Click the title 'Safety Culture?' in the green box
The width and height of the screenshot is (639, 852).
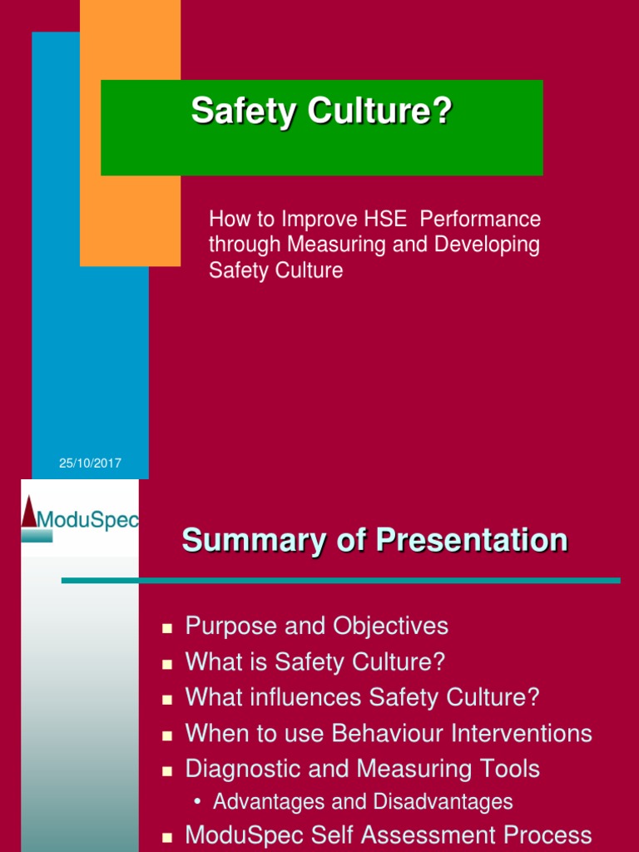pos(321,111)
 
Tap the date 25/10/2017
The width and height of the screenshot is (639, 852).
pos(90,463)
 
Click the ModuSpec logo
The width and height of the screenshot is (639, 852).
pos(80,518)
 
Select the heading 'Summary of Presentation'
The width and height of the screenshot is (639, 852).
pos(374,541)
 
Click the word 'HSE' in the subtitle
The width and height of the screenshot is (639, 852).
pos(385,220)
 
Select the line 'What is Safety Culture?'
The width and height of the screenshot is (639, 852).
pos(315,662)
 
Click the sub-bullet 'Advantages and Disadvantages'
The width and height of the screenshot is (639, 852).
pos(363,802)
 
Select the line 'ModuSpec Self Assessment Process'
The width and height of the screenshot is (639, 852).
pos(388,835)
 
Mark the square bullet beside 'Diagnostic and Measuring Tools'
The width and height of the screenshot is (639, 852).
pos(167,770)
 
